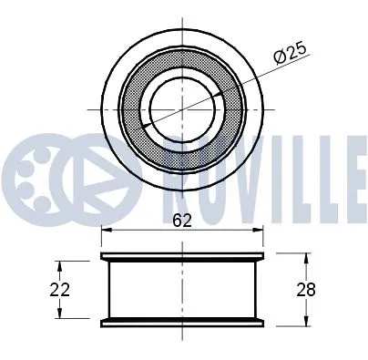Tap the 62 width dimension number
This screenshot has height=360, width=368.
coord(182,219)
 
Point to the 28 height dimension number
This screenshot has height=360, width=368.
coord(333,290)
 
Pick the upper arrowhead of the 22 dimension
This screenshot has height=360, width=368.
coord(60,265)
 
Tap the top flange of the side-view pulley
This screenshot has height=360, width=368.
coord(182,255)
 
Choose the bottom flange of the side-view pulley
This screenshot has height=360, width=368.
coord(182,322)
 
